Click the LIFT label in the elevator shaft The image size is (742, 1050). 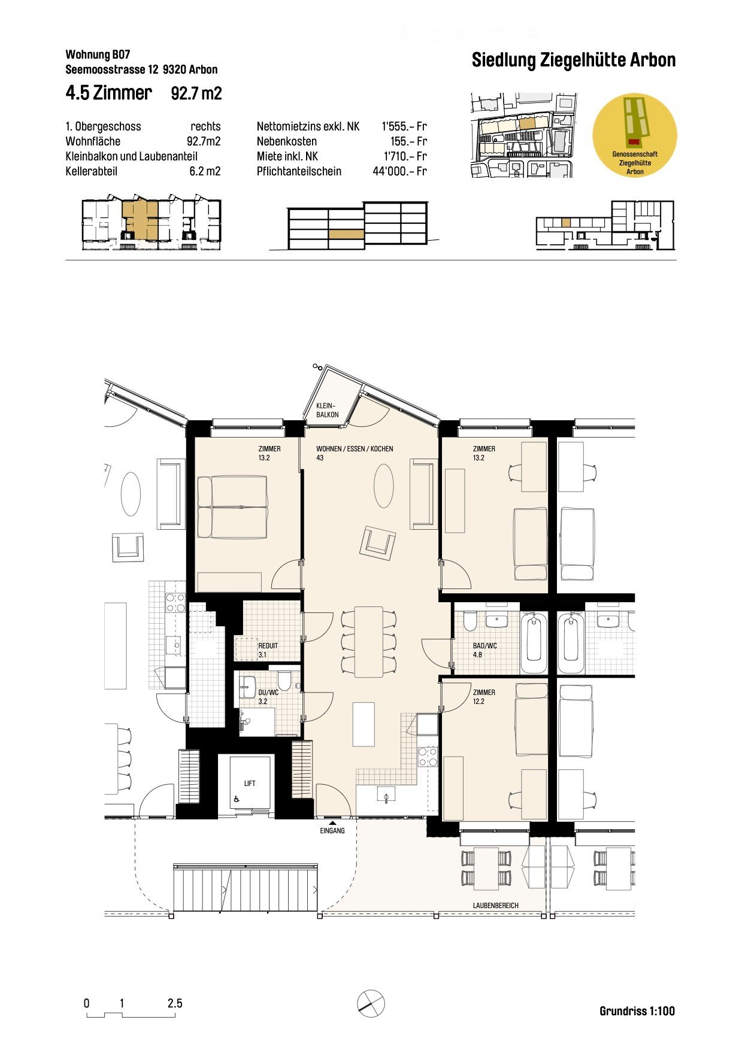coord(250,783)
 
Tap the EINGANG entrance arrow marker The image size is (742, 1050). coord(332,824)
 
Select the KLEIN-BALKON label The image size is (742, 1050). coord(327,410)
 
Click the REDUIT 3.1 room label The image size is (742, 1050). coord(268,650)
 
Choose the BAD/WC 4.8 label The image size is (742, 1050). coord(484,650)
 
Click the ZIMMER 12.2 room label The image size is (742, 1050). coord(483,697)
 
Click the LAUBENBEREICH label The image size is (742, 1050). coord(495,906)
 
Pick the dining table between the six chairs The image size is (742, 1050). coord(368,641)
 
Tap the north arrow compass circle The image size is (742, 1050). coord(371,1002)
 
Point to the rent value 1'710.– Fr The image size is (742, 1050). coord(405,156)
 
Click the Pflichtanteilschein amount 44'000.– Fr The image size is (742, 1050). coord(399,171)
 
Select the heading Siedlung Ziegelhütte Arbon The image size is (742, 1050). coord(573,60)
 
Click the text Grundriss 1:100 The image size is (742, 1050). coord(637,1011)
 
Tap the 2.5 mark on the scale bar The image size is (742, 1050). coord(175,1003)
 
